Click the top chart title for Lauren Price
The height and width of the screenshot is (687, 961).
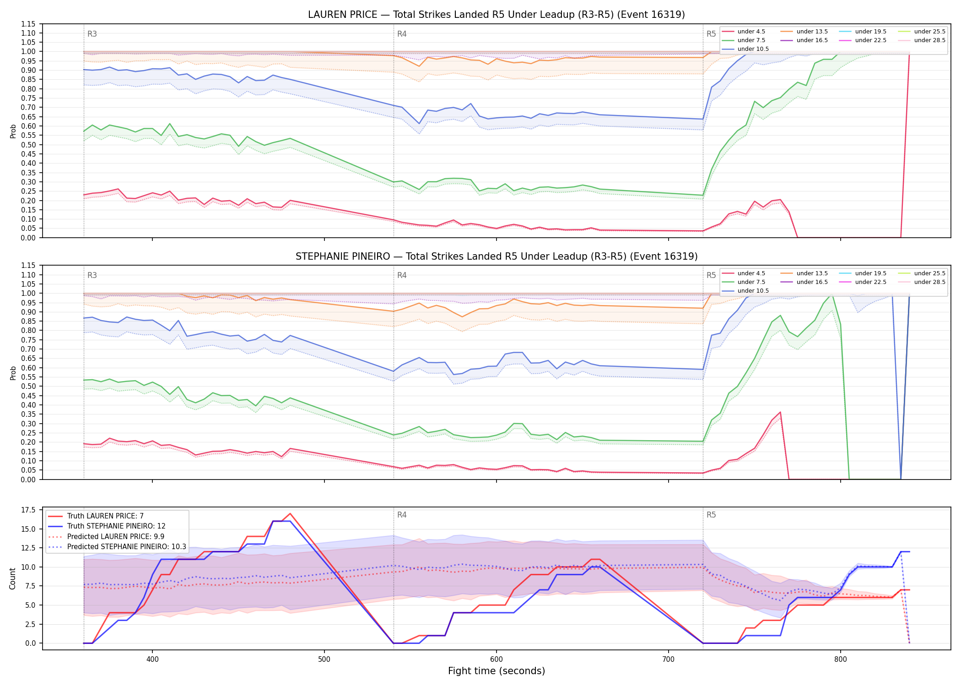[x=497, y=15]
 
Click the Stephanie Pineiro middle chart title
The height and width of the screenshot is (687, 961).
[x=497, y=256]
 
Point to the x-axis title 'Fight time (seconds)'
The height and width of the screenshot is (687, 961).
[x=497, y=671]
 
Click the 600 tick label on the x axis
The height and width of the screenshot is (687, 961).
[x=497, y=660]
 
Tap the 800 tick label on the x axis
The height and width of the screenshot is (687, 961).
[x=841, y=660]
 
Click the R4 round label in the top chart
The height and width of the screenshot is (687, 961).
[x=402, y=34]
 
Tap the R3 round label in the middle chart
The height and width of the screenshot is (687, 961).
[x=92, y=276]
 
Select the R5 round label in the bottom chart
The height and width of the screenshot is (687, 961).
[x=711, y=515]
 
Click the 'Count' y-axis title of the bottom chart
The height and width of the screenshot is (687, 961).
[x=12, y=579]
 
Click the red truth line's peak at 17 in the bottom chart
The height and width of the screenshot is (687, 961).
[x=290, y=514]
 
